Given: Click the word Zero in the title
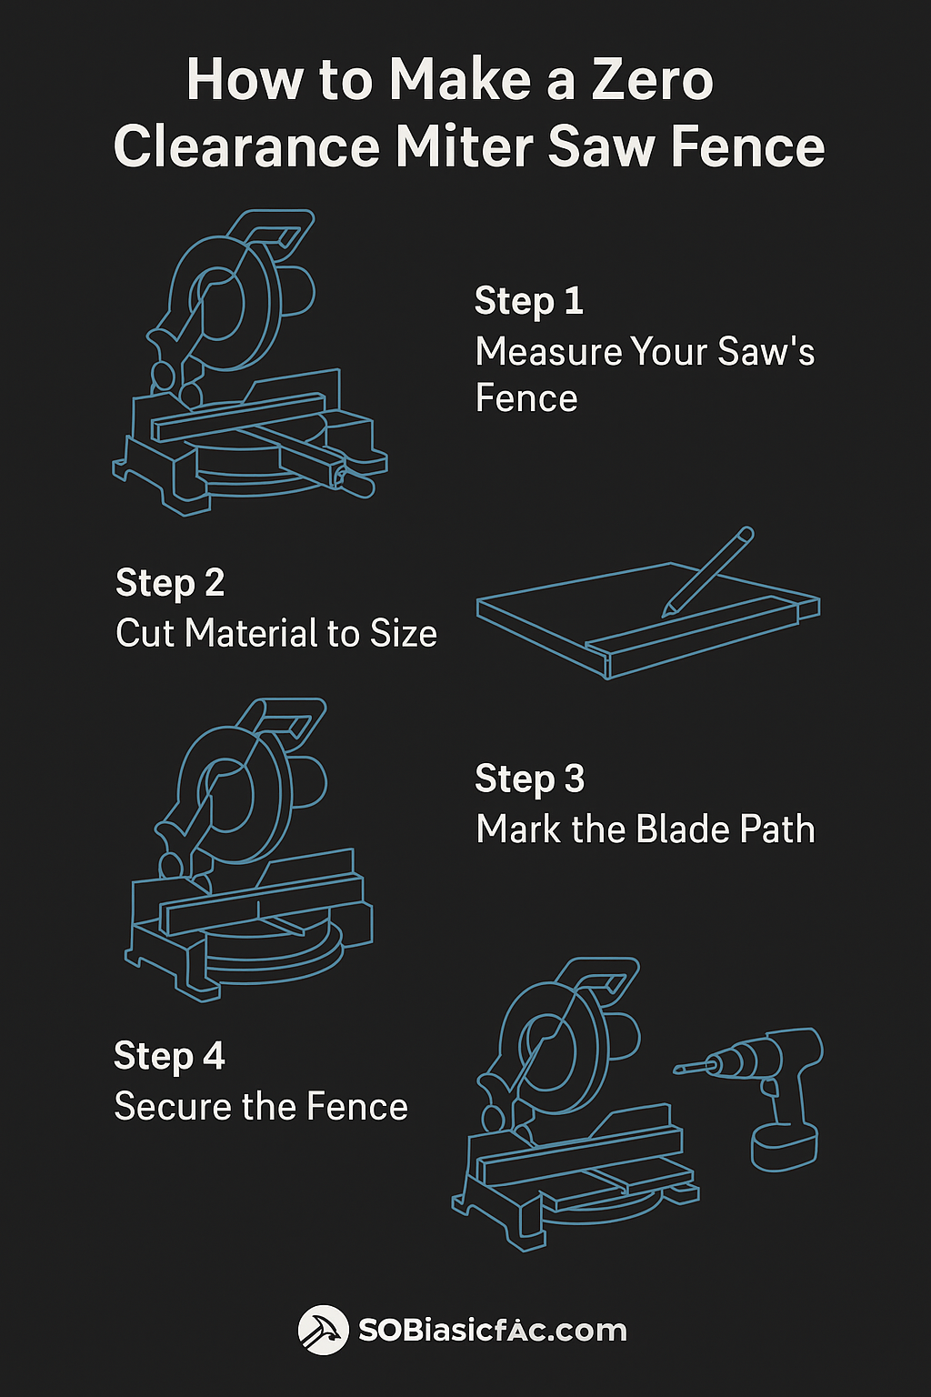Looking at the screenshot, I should (652, 80).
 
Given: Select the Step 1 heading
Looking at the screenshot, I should (528, 301).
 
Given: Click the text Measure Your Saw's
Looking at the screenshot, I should (645, 352).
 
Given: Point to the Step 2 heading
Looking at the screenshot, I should (170, 583).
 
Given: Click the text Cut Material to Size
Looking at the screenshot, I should (276, 634).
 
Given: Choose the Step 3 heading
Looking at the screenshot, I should (529, 779).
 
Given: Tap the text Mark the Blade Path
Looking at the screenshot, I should (645, 829).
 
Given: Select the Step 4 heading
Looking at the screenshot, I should (169, 1057).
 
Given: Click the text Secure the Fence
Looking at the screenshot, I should (261, 1107).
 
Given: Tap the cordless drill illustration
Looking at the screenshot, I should (773, 1091).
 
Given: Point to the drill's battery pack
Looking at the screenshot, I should (784, 1148).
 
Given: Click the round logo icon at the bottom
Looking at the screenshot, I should (323, 1331).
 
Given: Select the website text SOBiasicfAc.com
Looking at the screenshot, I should (492, 1331).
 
